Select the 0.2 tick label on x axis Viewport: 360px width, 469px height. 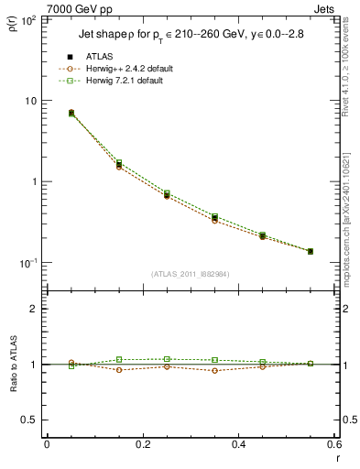(142, 444)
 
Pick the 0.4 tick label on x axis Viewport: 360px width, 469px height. (238, 444)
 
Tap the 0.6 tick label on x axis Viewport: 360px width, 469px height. (333, 444)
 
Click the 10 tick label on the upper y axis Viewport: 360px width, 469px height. (30, 101)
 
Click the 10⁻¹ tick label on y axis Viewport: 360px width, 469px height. (27, 263)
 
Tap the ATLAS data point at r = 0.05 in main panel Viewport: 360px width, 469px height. (71, 113)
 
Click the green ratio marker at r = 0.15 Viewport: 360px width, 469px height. (119, 359)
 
